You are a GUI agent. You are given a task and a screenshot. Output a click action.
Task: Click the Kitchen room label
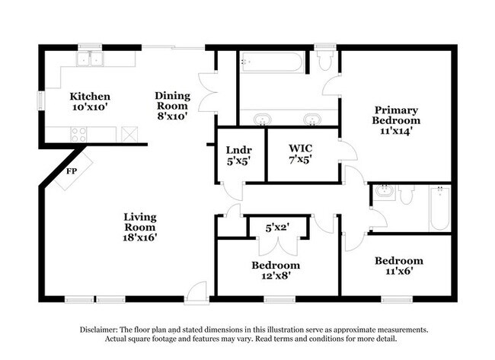[x=91, y=102]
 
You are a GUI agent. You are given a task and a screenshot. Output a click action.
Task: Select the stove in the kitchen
[x=78, y=134]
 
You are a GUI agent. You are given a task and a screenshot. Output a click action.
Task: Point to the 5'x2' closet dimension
[x=278, y=227]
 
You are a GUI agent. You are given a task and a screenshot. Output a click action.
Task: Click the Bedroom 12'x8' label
[x=276, y=270]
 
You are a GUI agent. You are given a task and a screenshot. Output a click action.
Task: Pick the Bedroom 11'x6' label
[x=398, y=266]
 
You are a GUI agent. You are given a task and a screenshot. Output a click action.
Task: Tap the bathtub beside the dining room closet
[x=271, y=62]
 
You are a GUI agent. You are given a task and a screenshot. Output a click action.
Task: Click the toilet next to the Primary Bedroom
[x=325, y=60]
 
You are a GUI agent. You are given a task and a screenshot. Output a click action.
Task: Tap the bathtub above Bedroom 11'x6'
[x=439, y=209]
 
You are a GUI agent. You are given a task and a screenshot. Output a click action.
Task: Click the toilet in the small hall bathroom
[x=406, y=196]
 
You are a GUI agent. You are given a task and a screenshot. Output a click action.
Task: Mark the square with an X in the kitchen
[x=129, y=135]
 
